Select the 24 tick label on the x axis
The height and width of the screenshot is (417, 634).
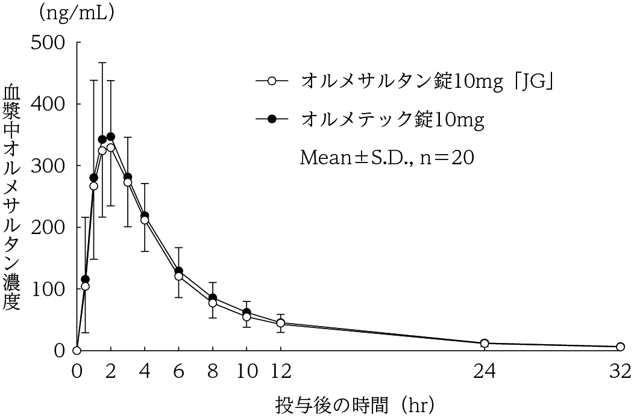(484, 371)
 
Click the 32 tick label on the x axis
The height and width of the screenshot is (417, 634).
(620, 371)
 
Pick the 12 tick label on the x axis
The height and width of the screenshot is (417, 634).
(280, 371)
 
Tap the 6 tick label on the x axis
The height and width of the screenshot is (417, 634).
(178, 371)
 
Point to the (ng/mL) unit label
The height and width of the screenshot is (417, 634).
(76, 13)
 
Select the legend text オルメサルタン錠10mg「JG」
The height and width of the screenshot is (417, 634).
(427, 81)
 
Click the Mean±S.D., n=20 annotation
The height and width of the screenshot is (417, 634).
(387, 158)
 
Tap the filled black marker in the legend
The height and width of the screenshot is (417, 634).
(271, 119)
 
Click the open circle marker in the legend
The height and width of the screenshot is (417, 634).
(271, 81)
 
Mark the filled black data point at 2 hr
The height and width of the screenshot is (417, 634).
(111, 137)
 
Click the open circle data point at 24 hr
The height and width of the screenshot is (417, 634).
(485, 344)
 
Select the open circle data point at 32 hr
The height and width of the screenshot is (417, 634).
(620, 347)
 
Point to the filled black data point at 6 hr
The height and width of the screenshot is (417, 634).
(178, 271)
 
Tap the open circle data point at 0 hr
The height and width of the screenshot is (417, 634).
(77, 350)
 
